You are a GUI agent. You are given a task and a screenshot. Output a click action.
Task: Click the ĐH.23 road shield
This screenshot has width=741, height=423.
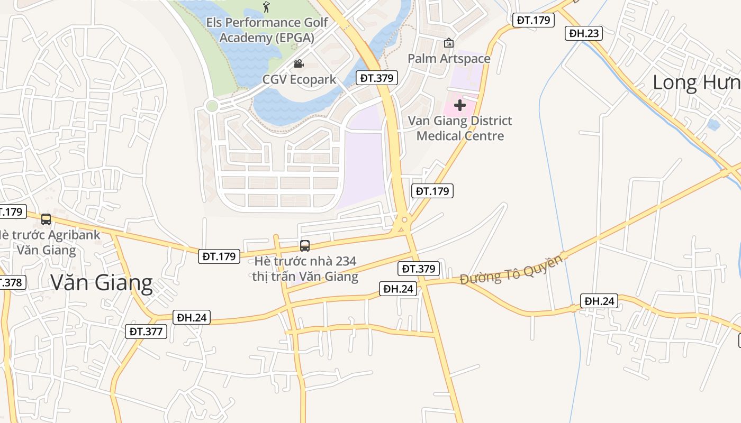click(x=584, y=33)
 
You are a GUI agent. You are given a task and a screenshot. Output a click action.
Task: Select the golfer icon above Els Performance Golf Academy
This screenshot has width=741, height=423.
click(x=266, y=7)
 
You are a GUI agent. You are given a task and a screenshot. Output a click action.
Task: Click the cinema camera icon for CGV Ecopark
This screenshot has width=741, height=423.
click(x=299, y=64)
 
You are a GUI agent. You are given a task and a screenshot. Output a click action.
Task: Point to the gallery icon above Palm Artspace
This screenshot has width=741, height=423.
click(x=449, y=42)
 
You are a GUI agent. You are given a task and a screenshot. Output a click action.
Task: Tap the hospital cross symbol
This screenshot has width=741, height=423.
click(x=459, y=105)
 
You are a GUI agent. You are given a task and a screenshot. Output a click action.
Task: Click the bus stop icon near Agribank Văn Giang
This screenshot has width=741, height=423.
click(x=46, y=219)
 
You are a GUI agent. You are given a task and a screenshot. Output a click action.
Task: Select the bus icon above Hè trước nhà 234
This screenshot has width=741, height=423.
click(x=304, y=245)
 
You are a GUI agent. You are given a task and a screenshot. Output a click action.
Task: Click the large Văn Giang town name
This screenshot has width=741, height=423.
click(x=102, y=283)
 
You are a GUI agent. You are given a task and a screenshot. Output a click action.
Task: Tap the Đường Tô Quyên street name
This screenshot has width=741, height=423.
click(x=511, y=270)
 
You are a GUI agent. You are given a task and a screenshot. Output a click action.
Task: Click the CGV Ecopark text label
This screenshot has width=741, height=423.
click(x=299, y=80)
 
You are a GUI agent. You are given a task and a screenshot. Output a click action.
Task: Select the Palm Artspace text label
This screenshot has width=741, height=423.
click(x=449, y=58)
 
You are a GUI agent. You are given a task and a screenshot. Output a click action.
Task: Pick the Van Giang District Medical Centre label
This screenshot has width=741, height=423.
click(x=459, y=128)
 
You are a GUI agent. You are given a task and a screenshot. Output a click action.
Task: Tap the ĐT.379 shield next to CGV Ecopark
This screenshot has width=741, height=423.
click(x=376, y=78)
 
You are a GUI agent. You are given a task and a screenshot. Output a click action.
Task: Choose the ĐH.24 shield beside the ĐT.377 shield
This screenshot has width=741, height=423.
click(x=192, y=317)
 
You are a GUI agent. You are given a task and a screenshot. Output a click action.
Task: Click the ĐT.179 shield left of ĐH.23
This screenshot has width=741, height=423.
click(x=534, y=20)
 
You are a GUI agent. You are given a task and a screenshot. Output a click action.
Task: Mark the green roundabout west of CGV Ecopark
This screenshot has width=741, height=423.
click(x=212, y=106)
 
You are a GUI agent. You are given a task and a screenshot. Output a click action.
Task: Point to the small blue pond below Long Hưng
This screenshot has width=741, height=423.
click(x=713, y=125)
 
